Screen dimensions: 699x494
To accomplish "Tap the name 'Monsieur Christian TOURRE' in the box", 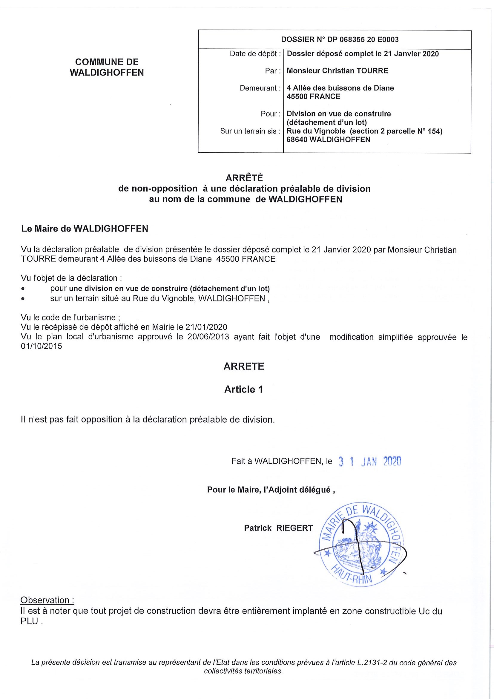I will click(337, 71).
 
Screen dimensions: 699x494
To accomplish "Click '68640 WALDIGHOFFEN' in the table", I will click(329, 140).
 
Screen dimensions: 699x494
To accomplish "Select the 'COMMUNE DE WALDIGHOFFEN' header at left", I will click(107, 67).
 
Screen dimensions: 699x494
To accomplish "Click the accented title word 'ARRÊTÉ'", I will click(244, 178).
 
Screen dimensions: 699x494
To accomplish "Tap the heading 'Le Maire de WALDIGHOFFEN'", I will click(84, 229).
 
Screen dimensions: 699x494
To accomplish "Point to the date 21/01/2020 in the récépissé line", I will click(206, 327).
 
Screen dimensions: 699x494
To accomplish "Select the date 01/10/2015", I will click(42, 346).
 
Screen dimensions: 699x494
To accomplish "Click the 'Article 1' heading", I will click(243, 390).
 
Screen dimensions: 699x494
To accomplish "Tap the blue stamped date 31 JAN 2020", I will click(370, 462).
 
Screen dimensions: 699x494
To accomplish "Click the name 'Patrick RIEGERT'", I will click(278, 528).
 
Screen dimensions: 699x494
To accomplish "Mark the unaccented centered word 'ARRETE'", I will click(244, 366).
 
